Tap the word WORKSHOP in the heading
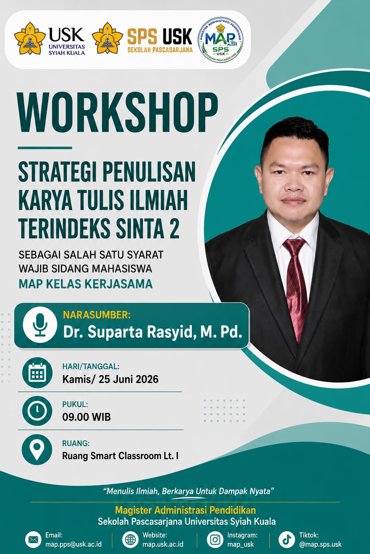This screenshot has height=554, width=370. pos(118,113)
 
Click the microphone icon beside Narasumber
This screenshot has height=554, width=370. pos(40,325)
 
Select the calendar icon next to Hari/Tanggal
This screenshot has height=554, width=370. pos(37,373)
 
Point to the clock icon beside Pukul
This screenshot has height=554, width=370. pos(37,411)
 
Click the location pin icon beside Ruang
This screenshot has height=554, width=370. pos(37,449)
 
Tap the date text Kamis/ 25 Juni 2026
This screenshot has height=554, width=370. pos(110,379)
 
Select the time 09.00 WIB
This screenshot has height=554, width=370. pos(86,417)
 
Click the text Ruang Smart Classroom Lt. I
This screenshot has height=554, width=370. pos(120,456)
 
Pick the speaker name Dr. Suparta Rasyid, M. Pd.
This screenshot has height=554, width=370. pos(152,332)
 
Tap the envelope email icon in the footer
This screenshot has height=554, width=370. pos(34,540)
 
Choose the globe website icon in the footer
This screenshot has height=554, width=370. pos(130,540)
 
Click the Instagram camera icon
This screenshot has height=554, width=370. pos(215,540)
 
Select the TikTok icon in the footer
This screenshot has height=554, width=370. pos(287,540)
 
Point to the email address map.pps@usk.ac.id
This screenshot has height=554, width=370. pos(73,544)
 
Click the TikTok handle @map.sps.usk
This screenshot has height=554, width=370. pos(320,544)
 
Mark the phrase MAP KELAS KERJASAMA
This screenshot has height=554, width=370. pos(86,284)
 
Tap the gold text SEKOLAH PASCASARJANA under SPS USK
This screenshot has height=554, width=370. pos(160,50)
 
